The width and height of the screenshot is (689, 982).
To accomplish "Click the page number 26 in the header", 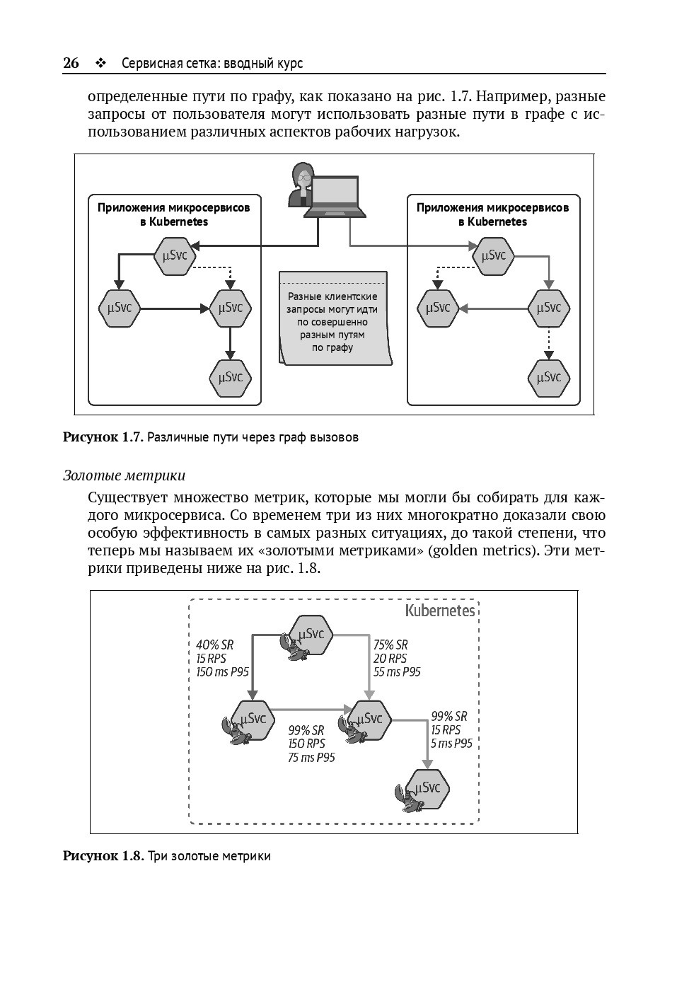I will tap(71, 63).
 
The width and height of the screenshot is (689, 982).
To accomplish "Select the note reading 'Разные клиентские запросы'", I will tap(333, 318).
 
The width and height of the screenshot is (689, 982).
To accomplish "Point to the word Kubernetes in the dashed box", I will tap(440, 611).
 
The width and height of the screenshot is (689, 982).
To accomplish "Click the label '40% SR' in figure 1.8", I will tap(215, 645).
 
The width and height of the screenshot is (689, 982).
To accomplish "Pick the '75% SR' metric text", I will tap(390, 645).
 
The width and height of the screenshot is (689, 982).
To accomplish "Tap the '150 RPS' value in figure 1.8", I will tap(306, 744).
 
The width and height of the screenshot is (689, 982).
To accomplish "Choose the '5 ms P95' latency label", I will tap(452, 744).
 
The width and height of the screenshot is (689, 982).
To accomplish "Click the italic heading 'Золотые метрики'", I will tap(125, 475).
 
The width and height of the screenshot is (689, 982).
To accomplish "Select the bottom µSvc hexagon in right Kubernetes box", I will tap(549, 377).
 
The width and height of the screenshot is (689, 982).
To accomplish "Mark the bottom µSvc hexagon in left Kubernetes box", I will tap(231, 377).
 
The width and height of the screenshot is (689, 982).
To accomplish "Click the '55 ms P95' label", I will tap(397, 671).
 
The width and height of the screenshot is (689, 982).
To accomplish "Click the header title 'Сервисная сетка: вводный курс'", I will tap(212, 63).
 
